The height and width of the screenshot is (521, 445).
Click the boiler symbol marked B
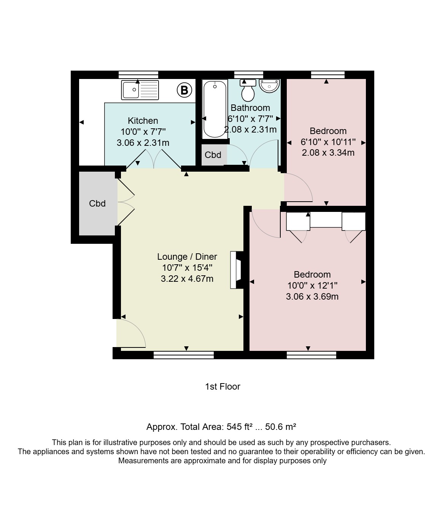tap(184, 90)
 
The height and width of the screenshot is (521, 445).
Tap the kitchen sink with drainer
tap(140, 90)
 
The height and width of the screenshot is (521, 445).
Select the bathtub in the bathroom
tap(215, 109)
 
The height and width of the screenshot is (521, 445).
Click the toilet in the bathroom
tap(248, 90)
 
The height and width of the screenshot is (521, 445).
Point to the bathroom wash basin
tap(269, 86)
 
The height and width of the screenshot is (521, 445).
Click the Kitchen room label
tap(143, 121)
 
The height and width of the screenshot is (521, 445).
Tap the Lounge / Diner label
tap(187, 257)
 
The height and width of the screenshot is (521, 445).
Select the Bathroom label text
tap(250, 108)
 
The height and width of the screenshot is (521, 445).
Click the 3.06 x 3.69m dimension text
tap(312, 297)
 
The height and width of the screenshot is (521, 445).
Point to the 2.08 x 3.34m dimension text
tap(328, 153)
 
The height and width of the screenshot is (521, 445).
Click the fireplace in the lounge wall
tap(237, 270)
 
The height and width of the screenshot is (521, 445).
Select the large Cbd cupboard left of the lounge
tap(98, 204)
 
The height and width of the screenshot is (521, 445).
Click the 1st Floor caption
tap(222, 387)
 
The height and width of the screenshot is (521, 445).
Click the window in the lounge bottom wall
tap(184, 355)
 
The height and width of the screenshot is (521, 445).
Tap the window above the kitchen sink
tap(138, 75)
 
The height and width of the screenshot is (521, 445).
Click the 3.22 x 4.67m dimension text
tap(187, 279)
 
